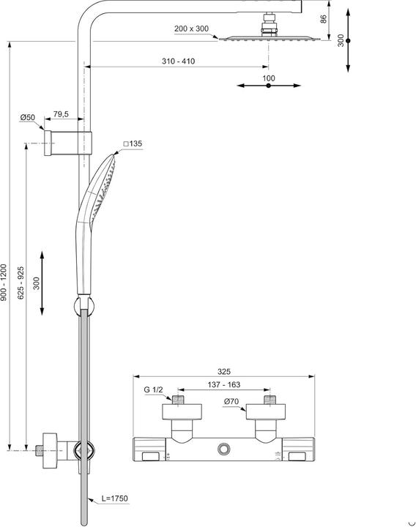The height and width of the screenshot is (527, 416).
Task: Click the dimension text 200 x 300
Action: [x=192, y=29]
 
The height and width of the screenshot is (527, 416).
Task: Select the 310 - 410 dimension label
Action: [x=179, y=61]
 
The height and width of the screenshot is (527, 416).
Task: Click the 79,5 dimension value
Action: [x=62, y=115]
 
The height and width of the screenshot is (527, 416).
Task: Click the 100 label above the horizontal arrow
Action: [x=268, y=78]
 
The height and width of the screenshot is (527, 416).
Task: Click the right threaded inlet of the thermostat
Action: [x=270, y=401]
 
